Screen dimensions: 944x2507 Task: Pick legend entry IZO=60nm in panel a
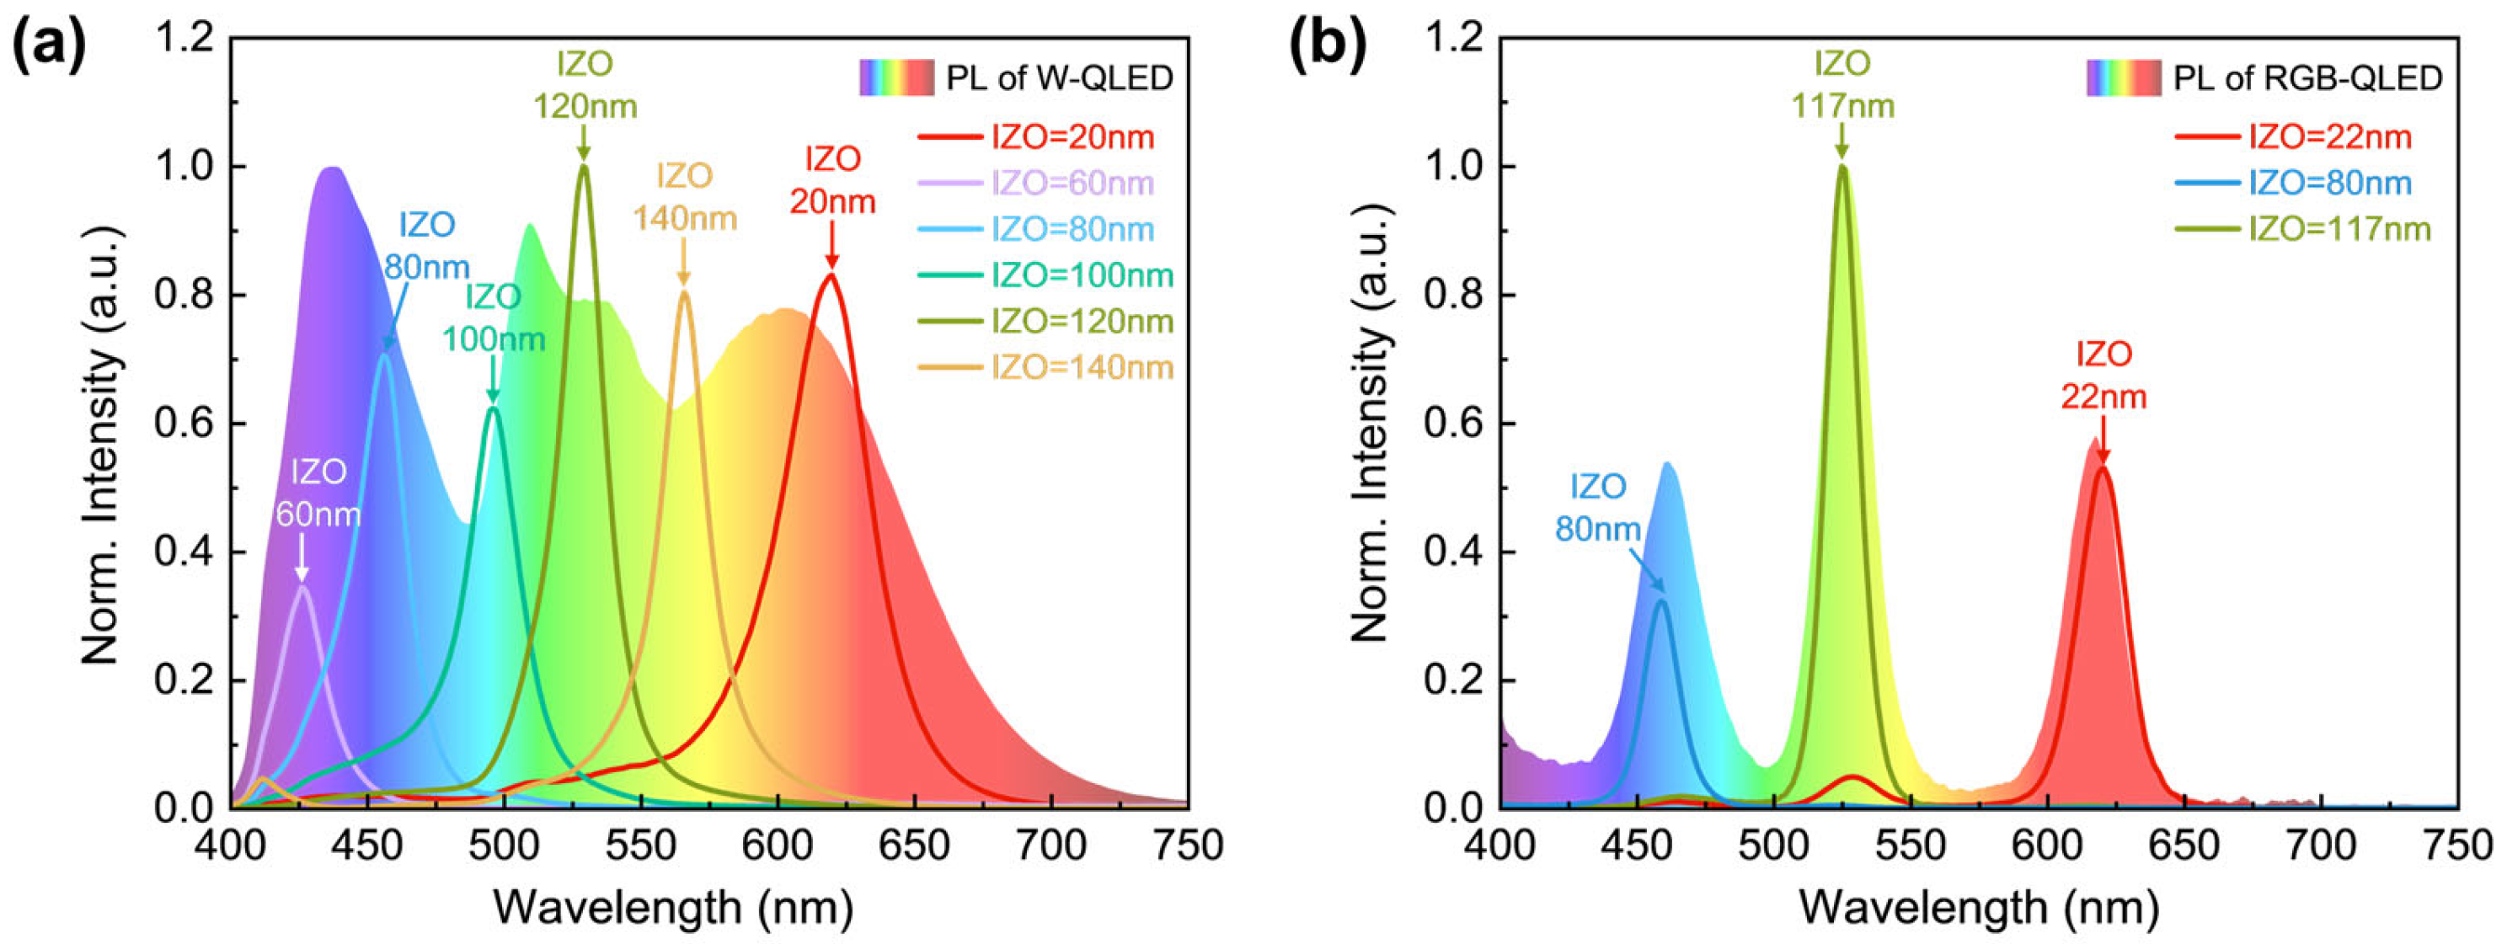click(1072, 183)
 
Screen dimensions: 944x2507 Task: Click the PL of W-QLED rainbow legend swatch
click(895, 77)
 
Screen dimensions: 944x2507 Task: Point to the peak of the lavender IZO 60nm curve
click(302, 587)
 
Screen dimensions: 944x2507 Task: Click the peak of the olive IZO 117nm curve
click(1841, 167)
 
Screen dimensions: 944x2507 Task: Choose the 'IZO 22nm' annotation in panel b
click(2103, 375)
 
